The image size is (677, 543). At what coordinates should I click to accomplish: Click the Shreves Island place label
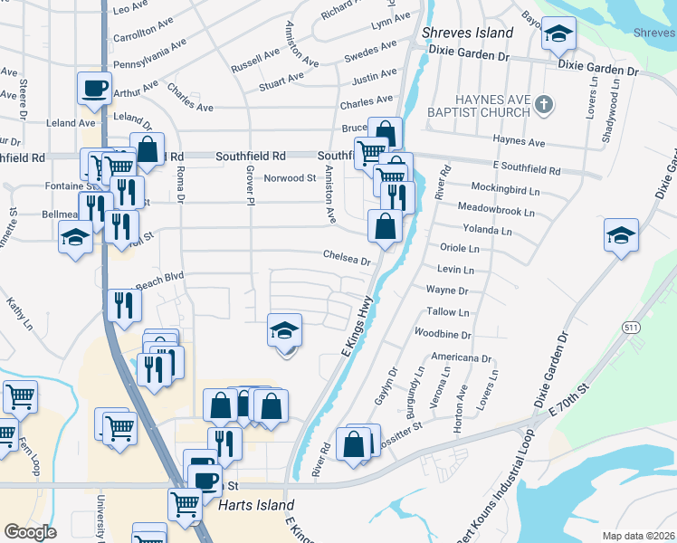468,33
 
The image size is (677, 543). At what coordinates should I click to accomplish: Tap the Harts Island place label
256,505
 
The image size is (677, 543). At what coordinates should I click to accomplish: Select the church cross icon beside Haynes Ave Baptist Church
542,104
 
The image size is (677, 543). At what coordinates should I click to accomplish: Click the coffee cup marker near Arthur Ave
94,88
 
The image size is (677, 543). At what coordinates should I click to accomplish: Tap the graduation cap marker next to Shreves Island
558,34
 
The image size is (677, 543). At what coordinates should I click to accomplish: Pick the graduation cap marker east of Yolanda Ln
621,235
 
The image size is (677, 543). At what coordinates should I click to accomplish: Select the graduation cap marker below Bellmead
76,238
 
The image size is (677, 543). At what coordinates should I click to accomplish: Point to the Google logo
30,531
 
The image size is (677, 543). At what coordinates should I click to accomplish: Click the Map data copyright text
638,536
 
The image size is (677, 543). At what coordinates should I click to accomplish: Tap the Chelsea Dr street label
348,258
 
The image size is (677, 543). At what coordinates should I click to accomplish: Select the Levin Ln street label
455,270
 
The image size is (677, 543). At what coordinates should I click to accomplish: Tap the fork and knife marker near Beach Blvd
125,304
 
